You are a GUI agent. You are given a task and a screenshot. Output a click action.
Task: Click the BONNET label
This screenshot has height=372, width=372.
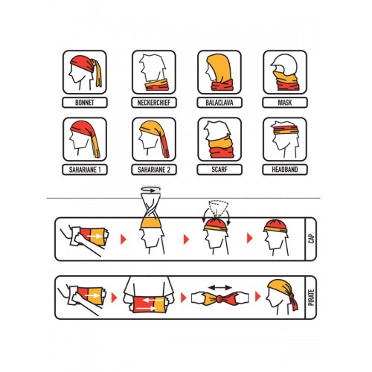[x=85, y=103]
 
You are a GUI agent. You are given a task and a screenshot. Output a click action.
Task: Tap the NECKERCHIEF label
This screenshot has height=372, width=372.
[x=154, y=103]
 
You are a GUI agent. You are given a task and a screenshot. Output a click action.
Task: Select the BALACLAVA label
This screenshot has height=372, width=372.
[x=219, y=103]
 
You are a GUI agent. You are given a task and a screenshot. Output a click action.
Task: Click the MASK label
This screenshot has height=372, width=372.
[x=285, y=103]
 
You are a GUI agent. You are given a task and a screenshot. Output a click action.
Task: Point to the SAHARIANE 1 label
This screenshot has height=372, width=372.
[x=85, y=170]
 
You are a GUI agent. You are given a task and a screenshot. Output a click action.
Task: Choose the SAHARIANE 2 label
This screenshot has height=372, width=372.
[x=154, y=170]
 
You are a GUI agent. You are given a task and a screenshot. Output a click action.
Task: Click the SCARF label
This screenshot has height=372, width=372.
[x=219, y=170]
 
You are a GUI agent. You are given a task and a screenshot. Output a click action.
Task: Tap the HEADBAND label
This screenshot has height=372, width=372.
[x=285, y=170]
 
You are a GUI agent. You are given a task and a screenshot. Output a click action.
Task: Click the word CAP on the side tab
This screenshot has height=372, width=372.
[x=312, y=239]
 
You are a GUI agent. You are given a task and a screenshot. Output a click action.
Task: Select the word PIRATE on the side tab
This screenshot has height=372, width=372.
[x=312, y=298]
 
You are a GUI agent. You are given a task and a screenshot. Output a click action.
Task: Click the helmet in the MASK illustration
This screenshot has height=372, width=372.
[x=284, y=63]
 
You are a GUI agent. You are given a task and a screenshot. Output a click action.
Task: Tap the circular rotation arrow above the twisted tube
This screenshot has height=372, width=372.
[x=151, y=190]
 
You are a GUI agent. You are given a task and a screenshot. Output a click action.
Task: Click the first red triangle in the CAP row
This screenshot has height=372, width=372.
[x=124, y=240]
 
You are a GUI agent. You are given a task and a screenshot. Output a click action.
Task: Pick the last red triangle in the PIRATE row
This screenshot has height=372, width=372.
[x=258, y=297]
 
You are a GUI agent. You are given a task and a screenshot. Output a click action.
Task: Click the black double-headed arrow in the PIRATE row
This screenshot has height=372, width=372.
[x=220, y=288]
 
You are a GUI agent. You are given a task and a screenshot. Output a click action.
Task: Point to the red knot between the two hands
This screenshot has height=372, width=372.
[x=219, y=298]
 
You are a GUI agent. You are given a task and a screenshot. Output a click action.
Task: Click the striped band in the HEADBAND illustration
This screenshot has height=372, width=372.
[x=286, y=130]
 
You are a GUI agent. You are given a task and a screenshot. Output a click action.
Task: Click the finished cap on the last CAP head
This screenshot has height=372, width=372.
[x=276, y=225]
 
